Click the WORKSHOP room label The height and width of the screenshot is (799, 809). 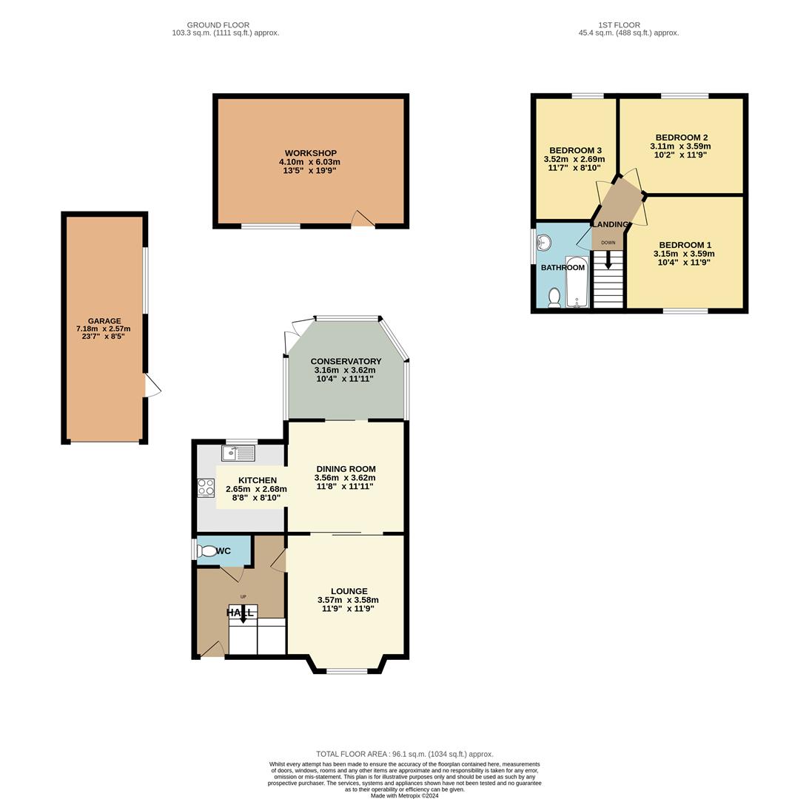310,153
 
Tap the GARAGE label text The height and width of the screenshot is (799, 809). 104,321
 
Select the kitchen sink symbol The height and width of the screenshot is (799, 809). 238,453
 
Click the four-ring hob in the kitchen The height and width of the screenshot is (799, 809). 206,488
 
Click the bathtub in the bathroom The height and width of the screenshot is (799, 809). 576,282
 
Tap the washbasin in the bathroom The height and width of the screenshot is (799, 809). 544,243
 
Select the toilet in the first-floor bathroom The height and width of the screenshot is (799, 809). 554,297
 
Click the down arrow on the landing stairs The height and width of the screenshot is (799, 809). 608,260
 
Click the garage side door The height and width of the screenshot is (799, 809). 152,385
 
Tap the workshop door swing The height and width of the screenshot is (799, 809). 362,218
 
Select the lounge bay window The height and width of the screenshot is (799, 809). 347,671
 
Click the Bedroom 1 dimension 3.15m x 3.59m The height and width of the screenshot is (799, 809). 684,254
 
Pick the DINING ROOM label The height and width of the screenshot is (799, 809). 346,469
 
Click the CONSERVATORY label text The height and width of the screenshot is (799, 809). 346,362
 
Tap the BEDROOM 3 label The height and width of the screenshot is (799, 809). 575,150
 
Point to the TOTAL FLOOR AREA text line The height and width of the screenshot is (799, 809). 404,754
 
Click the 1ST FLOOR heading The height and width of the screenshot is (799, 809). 619,25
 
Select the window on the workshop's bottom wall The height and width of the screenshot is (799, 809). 271,226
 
